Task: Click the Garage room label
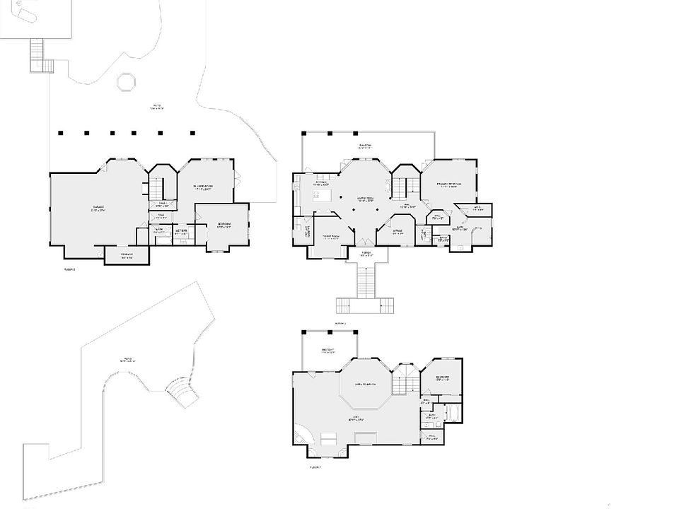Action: tap(97, 209)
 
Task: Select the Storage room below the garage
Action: tap(127, 256)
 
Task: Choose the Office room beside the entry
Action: tap(397, 231)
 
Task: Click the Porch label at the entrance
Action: tap(366, 253)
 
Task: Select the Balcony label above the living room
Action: tap(365, 147)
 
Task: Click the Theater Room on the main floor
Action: tap(330, 238)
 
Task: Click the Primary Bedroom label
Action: tap(448, 185)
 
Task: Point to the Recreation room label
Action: tap(204, 187)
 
